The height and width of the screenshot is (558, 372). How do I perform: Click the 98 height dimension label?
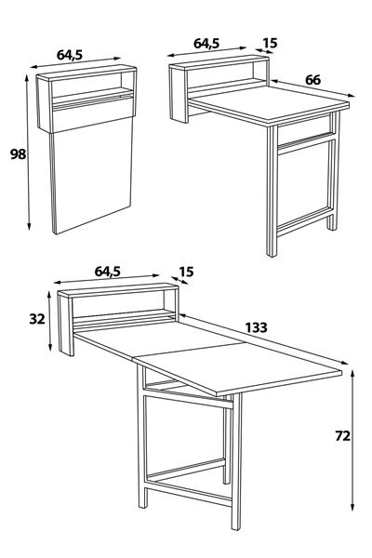[18, 154]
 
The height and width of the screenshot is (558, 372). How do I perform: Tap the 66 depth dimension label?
[312, 80]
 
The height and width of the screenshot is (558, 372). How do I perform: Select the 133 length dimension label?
[257, 327]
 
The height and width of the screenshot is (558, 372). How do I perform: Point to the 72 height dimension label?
[343, 435]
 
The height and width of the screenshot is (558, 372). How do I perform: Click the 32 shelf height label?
[37, 319]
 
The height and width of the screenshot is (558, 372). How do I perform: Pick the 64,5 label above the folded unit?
[70, 55]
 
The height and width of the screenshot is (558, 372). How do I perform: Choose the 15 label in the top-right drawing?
[270, 44]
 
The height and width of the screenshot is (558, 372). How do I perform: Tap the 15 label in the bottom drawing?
[186, 272]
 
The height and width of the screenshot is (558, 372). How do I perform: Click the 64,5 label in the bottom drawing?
[108, 272]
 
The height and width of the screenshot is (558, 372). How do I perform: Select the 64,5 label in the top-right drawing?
[206, 44]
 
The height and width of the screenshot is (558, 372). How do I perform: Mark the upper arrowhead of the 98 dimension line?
[26, 78]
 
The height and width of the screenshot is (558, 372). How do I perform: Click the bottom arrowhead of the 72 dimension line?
[352, 507]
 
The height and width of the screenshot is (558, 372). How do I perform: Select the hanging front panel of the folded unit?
[92, 175]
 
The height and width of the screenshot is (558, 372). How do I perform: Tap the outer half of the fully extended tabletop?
[238, 368]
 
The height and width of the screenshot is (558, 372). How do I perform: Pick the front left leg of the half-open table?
[272, 191]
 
